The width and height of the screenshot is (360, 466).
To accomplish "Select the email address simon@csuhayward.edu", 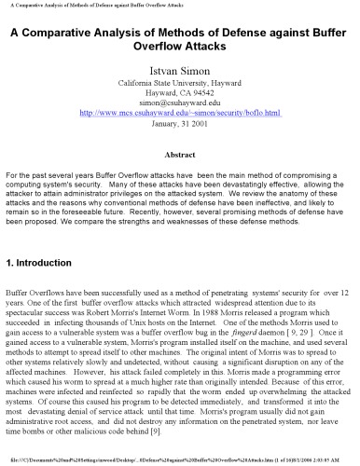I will [180, 103].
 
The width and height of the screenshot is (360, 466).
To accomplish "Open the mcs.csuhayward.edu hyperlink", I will [180, 115].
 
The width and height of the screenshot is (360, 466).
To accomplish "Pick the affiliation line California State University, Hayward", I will [180, 82].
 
